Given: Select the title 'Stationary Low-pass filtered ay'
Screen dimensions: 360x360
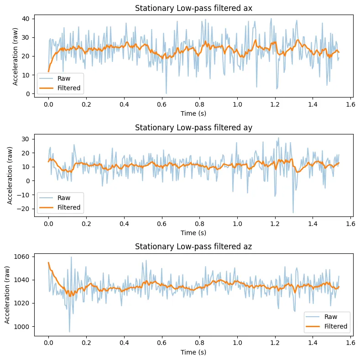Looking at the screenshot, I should coord(193,128).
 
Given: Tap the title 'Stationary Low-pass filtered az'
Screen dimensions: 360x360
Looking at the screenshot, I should coord(193,247).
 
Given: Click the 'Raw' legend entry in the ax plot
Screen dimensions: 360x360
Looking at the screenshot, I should coord(63,78).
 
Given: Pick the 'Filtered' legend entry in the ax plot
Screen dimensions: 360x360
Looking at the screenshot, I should coord(69,88).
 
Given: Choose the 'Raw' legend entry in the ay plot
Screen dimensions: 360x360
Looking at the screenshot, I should coord(63,198).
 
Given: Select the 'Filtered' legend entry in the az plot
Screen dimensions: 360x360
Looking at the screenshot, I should coord(335,326).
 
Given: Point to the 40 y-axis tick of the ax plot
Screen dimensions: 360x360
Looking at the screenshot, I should coord(26,19).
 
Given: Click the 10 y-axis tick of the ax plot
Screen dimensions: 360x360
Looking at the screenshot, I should coord(26,75).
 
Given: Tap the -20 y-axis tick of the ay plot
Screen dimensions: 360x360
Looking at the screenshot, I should coord(25,209).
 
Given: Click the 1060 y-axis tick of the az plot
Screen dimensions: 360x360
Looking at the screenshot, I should coord(23,257).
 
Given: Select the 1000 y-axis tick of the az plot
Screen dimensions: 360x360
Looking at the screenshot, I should coord(23,326).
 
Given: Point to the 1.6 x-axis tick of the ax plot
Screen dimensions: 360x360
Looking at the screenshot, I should coord(350,104).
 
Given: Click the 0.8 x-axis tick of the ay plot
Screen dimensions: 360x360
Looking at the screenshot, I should coord(199,224).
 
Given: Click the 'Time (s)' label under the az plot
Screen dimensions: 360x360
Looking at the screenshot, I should coord(193,352).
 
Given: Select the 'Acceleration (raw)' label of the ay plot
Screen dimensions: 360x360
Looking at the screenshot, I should coord(10,175).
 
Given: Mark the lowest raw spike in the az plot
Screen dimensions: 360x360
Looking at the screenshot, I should coord(69,332).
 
